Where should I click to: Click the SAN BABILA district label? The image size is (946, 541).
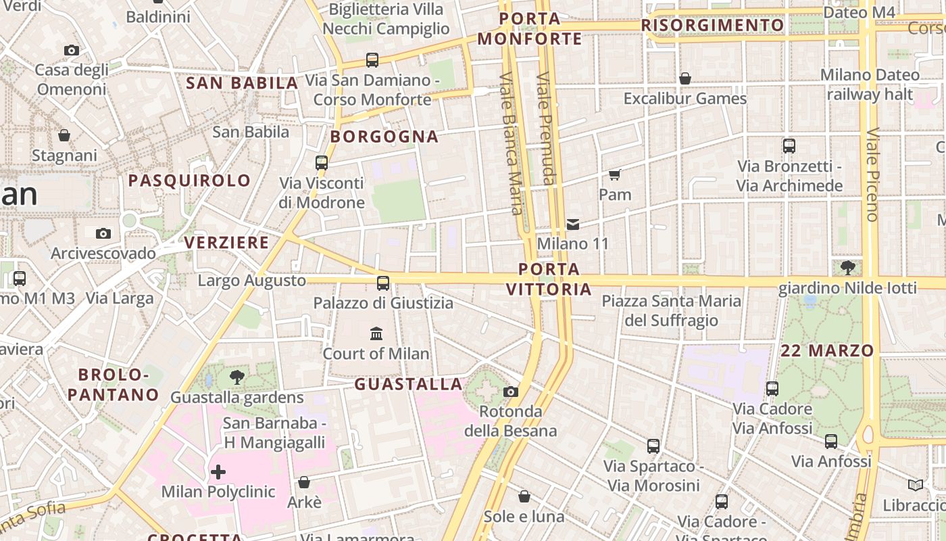click(241, 83)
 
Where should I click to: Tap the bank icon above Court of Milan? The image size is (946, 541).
click(376, 333)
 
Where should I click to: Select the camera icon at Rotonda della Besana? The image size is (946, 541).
click(511, 392)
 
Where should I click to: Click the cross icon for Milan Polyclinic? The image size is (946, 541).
click(218, 471)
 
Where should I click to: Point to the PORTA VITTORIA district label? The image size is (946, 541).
click(549, 279)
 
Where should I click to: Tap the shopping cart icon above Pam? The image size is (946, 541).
click(614, 175)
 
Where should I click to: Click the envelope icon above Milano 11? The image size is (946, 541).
click(573, 224)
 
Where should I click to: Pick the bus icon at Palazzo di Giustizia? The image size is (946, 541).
click(383, 283)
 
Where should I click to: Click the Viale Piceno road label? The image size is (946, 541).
click(872, 174)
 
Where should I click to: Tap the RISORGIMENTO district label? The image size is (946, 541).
click(712, 26)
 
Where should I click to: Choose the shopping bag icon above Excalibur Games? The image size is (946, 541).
click(685, 78)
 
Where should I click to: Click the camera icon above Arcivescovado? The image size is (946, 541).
click(103, 233)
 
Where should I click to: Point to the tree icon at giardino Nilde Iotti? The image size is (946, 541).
click(847, 268)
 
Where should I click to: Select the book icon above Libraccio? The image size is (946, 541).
click(916, 485)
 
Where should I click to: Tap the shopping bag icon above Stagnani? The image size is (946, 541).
click(64, 135)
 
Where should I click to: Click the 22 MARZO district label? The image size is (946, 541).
click(827, 350)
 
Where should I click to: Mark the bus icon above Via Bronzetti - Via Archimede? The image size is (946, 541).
click(789, 145)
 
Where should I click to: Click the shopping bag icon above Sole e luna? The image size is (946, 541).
click(524, 497)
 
